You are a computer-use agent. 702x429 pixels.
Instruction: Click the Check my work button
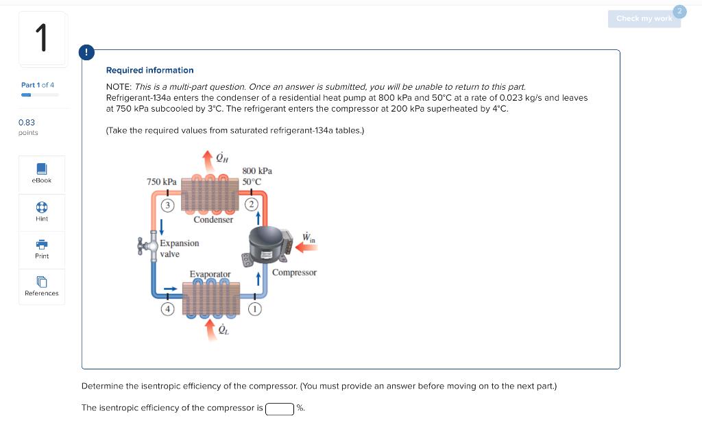[644, 19]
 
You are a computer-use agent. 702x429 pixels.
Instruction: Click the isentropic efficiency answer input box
[280, 409]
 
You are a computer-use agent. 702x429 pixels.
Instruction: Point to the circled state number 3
[166, 206]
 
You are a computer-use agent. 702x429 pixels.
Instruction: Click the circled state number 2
[252, 205]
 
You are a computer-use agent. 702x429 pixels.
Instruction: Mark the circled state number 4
[166, 310]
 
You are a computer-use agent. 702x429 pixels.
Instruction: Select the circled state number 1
[254, 310]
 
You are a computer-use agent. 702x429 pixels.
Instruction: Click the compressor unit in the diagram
[269, 245]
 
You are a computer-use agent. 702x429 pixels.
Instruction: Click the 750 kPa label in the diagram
[161, 182]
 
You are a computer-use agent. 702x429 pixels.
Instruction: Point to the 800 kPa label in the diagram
[257, 171]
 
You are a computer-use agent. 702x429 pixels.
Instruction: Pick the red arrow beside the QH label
[208, 158]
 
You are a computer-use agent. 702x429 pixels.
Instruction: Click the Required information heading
[149, 71]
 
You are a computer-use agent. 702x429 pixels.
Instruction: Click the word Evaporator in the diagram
[210, 274]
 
